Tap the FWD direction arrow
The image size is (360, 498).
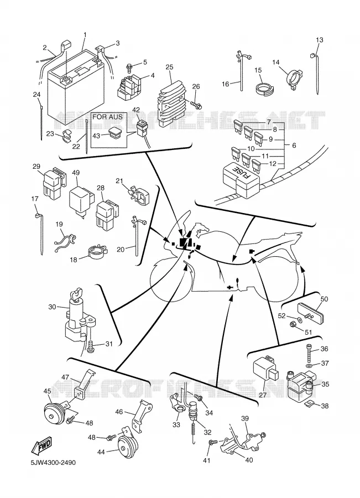(x=40, y=446)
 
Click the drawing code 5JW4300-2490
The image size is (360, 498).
(x=53, y=463)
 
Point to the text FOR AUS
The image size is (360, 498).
(x=107, y=117)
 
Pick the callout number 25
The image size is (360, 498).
(x=170, y=67)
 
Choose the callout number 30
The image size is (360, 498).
(x=52, y=307)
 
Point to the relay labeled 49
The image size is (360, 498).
(x=81, y=201)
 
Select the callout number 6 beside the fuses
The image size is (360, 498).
(x=294, y=145)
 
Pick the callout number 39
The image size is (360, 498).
(x=245, y=418)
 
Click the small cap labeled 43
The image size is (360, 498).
(x=114, y=132)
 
